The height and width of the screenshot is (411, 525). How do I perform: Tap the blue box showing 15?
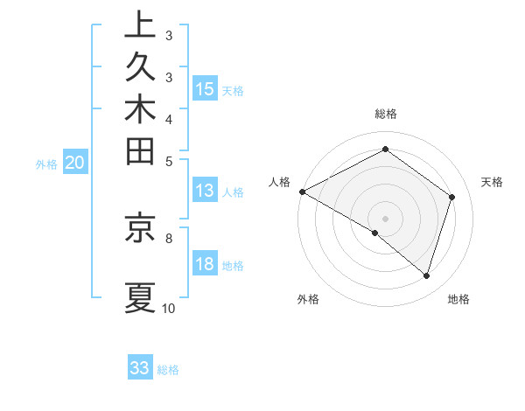click(x=205, y=88)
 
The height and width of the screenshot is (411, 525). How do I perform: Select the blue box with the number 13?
click(x=205, y=191)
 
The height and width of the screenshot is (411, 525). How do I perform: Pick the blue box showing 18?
click(x=205, y=265)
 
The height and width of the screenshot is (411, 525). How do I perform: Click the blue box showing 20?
click(x=74, y=162)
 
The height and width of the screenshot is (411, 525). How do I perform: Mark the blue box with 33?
click(x=140, y=368)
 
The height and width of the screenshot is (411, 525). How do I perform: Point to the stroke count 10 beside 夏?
click(x=168, y=308)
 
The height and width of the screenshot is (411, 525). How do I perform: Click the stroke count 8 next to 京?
click(x=168, y=237)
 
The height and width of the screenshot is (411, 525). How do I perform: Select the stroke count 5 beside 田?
click(x=168, y=160)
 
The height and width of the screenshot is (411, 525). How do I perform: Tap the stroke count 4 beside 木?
click(x=168, y=118)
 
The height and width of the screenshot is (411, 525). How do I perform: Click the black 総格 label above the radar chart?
click(x=386, y=114)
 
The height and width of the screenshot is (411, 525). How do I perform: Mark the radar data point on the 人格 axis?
click(x=302, y=192)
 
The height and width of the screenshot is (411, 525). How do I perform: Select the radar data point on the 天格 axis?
click(x=452, y=197)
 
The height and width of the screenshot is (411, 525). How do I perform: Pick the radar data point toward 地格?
click(x=426, y=275)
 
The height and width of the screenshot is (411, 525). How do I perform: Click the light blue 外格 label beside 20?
click(x=46, y=163)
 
